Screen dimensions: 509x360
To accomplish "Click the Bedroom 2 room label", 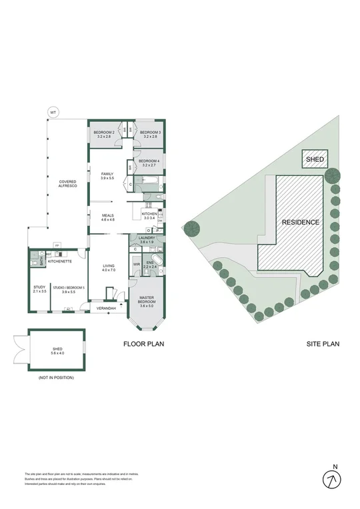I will (x=104, y=134).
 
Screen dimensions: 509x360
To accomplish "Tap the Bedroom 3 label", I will (x=148, y=134).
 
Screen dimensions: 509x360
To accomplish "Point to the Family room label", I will (x=107, y=176).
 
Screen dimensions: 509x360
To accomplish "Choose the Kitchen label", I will (x=148, y=215).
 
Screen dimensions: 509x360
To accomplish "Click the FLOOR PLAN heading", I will (x=144, y=344).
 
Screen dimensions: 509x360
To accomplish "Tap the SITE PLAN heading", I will (x=323, y=344).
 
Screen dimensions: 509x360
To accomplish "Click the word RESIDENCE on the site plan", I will (x=300, y=222).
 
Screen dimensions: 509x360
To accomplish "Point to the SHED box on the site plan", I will (x=315, y=160).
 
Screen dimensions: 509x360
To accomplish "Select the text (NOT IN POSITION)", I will (x=55, y=378).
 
